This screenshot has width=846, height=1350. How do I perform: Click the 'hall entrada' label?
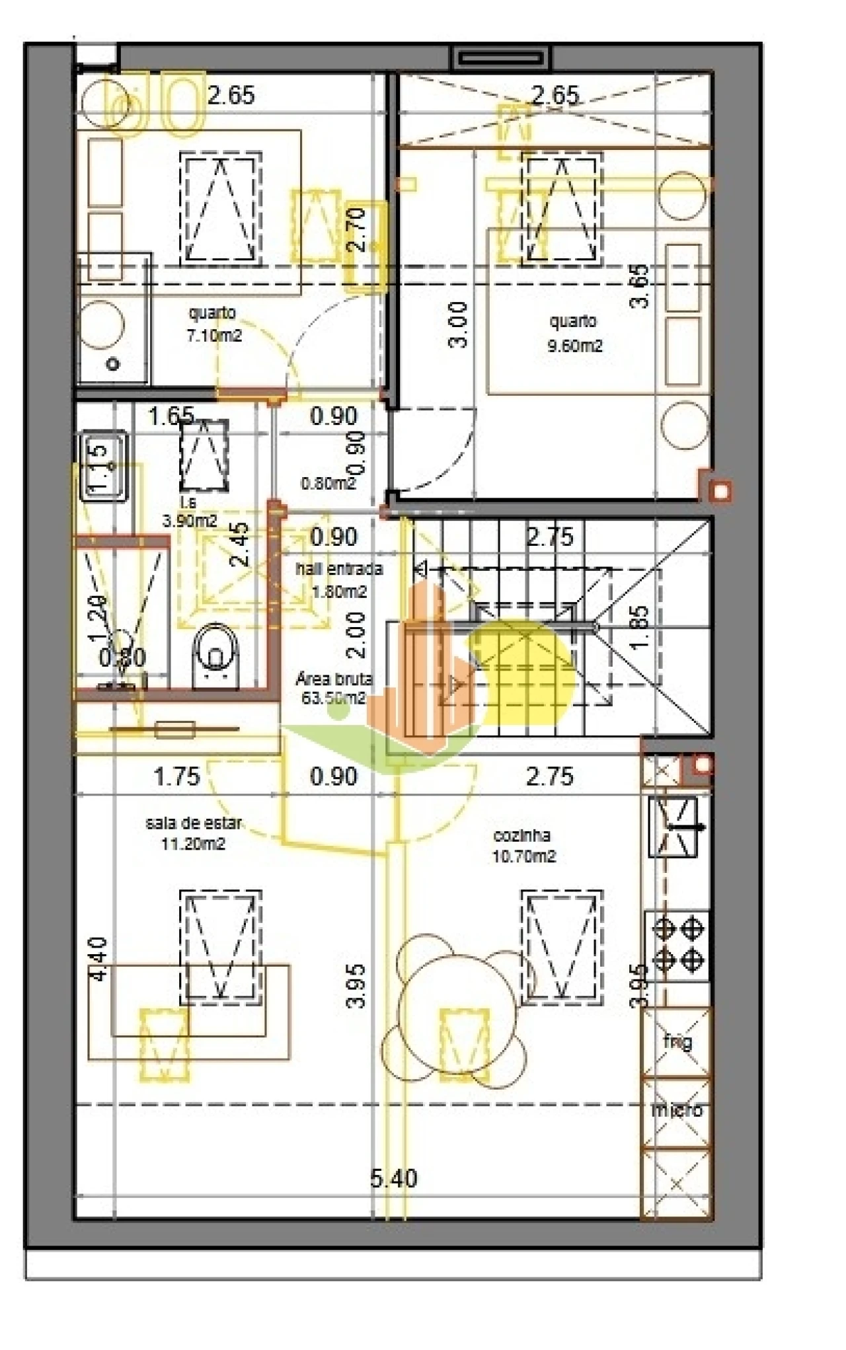tap(338, 568)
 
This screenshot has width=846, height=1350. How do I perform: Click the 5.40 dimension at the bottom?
tap(393, 1178)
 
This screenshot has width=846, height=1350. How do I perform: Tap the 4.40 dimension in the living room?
tap(98, 958)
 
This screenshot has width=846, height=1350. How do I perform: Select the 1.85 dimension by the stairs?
tap(638, 627)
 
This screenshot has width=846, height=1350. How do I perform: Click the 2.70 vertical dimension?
tap(356, 229)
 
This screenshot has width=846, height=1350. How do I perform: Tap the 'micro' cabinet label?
tap(677, 1109)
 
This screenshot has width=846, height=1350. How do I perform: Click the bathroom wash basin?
tap(103, 465)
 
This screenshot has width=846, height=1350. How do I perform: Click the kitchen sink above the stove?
tap(673, 827)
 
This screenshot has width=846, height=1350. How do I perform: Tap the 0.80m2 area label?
tap(328, 483)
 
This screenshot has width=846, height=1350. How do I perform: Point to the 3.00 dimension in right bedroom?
tap(457, 324)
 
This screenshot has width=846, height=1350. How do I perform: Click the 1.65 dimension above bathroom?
tap(171, 416)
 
